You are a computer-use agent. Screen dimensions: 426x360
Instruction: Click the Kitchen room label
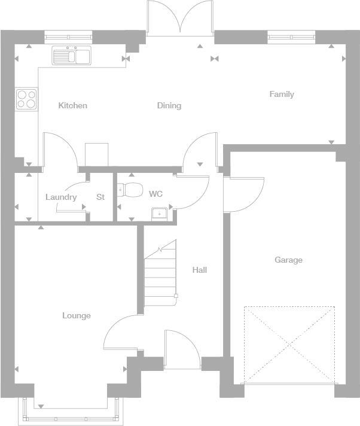click(72, 106)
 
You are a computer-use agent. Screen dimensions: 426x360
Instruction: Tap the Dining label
click(169, 106)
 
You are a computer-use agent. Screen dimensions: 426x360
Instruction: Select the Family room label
click(282, 94)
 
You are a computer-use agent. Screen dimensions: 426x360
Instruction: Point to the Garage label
click(288, 260)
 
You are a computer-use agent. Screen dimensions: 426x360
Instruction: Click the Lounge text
click(77, 315)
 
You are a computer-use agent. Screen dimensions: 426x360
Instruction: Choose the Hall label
click(199, 270)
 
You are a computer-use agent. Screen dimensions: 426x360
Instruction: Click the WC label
click(155, 194)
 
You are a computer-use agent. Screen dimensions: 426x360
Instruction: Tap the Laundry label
click(61, 197)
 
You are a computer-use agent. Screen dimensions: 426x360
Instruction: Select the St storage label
click(100, 197)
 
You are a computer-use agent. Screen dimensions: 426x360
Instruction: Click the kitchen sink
click(71, 56)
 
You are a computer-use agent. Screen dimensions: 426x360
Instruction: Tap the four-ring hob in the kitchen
click(26, 99)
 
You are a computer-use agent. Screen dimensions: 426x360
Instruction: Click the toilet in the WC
click(130, 190)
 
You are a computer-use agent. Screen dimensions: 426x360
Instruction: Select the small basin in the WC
click(160, 212)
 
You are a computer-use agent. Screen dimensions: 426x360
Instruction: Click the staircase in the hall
click(160, 272)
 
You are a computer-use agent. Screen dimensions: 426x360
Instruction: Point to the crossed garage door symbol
click(289, 344)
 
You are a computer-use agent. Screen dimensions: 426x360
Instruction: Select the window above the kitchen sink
click(69, 37)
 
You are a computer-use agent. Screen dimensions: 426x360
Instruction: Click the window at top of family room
click(291, 37)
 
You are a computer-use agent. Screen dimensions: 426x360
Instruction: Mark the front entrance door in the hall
click(182, 350)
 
